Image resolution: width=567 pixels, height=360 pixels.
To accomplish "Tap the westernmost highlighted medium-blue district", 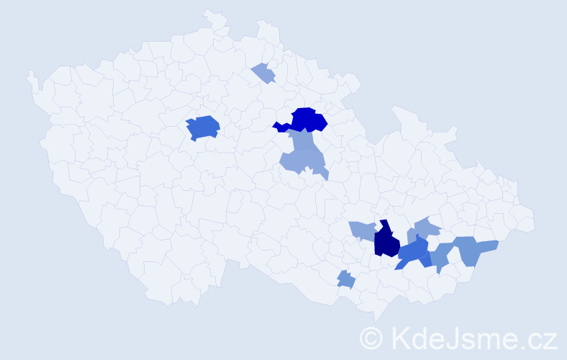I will [202, 127].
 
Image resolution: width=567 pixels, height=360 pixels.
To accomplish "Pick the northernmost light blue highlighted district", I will [263, 73].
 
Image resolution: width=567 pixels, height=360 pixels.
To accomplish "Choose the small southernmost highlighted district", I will [346, 279].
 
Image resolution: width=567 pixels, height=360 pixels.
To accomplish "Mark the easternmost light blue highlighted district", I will [475, 249].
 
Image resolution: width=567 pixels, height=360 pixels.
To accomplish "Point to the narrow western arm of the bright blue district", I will [280, 127].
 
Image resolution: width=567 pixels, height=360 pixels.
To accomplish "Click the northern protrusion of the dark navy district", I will [384, 224].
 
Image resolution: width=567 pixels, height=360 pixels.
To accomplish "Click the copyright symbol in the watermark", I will [371, 338].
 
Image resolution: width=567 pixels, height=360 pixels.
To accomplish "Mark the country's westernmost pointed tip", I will [29, 73].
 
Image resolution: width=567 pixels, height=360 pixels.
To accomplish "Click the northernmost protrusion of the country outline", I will [209, 11].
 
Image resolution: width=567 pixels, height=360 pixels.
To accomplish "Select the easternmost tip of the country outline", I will [534, 222].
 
